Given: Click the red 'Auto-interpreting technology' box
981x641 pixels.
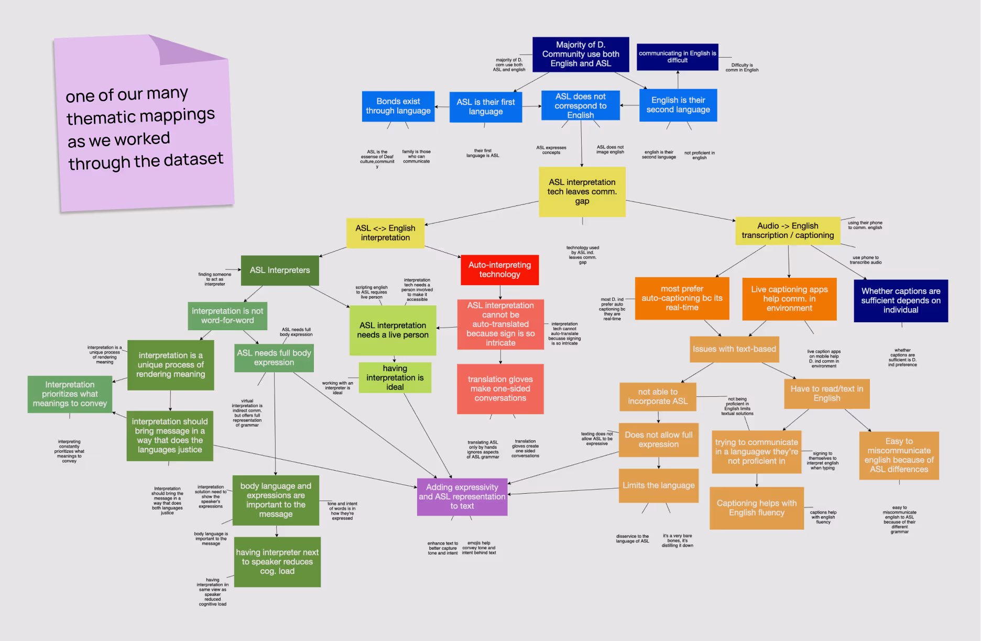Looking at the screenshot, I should pyautogui.click(x=499, y=270).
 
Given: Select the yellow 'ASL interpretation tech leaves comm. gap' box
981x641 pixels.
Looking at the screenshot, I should pyautogui.click(x=582, y=192).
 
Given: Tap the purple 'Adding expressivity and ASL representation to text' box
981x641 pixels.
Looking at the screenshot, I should pyautogui.click(x=462, y=496).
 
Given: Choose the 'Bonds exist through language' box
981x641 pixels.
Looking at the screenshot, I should pyautogui.click(x=398, y=106).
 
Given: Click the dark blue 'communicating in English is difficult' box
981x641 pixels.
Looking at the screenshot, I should pyautogui.click(x=677, y=57).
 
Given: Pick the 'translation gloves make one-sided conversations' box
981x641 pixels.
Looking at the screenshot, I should pyautogui.click(x=500, y=389).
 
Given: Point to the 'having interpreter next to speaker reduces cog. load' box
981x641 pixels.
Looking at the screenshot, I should pyautogui.click(x=277, y=562).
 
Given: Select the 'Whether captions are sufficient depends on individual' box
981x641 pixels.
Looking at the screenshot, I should pyautogui.click(x=900, y=300).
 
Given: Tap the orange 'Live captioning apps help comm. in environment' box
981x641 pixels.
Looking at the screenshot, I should pyautogui.click(x=789, y=299).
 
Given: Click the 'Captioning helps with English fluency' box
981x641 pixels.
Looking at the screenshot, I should pyautogui.click(x=756, y=508).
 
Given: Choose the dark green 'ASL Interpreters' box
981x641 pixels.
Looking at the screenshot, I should pyautogui.click(x=280, y=270).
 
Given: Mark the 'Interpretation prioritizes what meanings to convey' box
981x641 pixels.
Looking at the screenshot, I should pyautogui.click(x=70, y=394).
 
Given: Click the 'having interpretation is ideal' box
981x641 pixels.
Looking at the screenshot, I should pyautogui.click(x=395, y=377).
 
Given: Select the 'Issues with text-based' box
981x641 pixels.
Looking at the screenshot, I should pyautogui.click(x=734, y=349).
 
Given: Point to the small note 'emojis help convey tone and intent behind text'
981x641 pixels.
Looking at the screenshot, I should pyautogui.click(x=478, y=548).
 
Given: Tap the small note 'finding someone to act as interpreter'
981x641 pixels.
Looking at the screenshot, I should pyautogui.click(x=215, y=279).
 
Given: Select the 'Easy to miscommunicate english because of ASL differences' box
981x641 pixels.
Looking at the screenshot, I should pyautogui.click(x=899, y=455).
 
